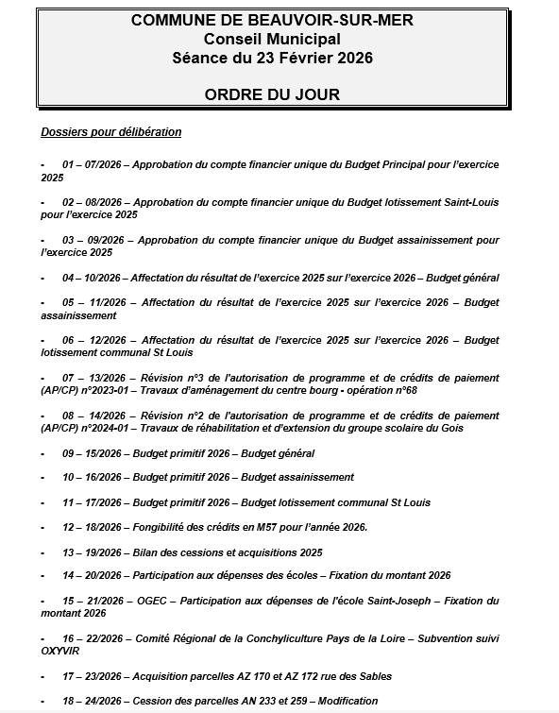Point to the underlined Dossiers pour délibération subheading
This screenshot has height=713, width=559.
tap(111, 132)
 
